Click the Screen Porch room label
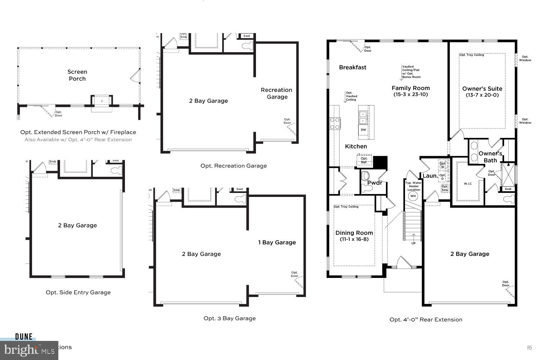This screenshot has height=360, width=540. [x=77, y=75]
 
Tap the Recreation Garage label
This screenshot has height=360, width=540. [x=276, y=93]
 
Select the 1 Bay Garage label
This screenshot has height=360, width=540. [x=277, y=242]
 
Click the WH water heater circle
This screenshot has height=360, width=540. [x=413, y=196]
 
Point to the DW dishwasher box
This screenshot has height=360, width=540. [x=363, y=130]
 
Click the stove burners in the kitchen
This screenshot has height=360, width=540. [x=335, y=123]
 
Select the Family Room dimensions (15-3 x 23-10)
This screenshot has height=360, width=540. [x=410, y=95]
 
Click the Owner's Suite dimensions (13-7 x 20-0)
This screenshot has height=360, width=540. [x=482, y=95]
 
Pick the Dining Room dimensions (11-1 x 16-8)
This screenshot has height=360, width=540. [x=354, y=239]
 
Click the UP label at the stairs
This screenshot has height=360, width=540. [x=413, y=243]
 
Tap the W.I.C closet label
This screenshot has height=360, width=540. [x=468, y=184]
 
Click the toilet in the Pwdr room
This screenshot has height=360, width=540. [x=366, y=176]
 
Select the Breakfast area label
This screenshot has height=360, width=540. [x=352, y=67]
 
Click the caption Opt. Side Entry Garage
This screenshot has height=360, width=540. [x=78, y=292]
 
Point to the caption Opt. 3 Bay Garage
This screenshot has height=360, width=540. [x=229, y=318]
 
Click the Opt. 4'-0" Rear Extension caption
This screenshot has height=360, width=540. [x=426, y=319]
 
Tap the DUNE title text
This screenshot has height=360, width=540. [x=24, y=337]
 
